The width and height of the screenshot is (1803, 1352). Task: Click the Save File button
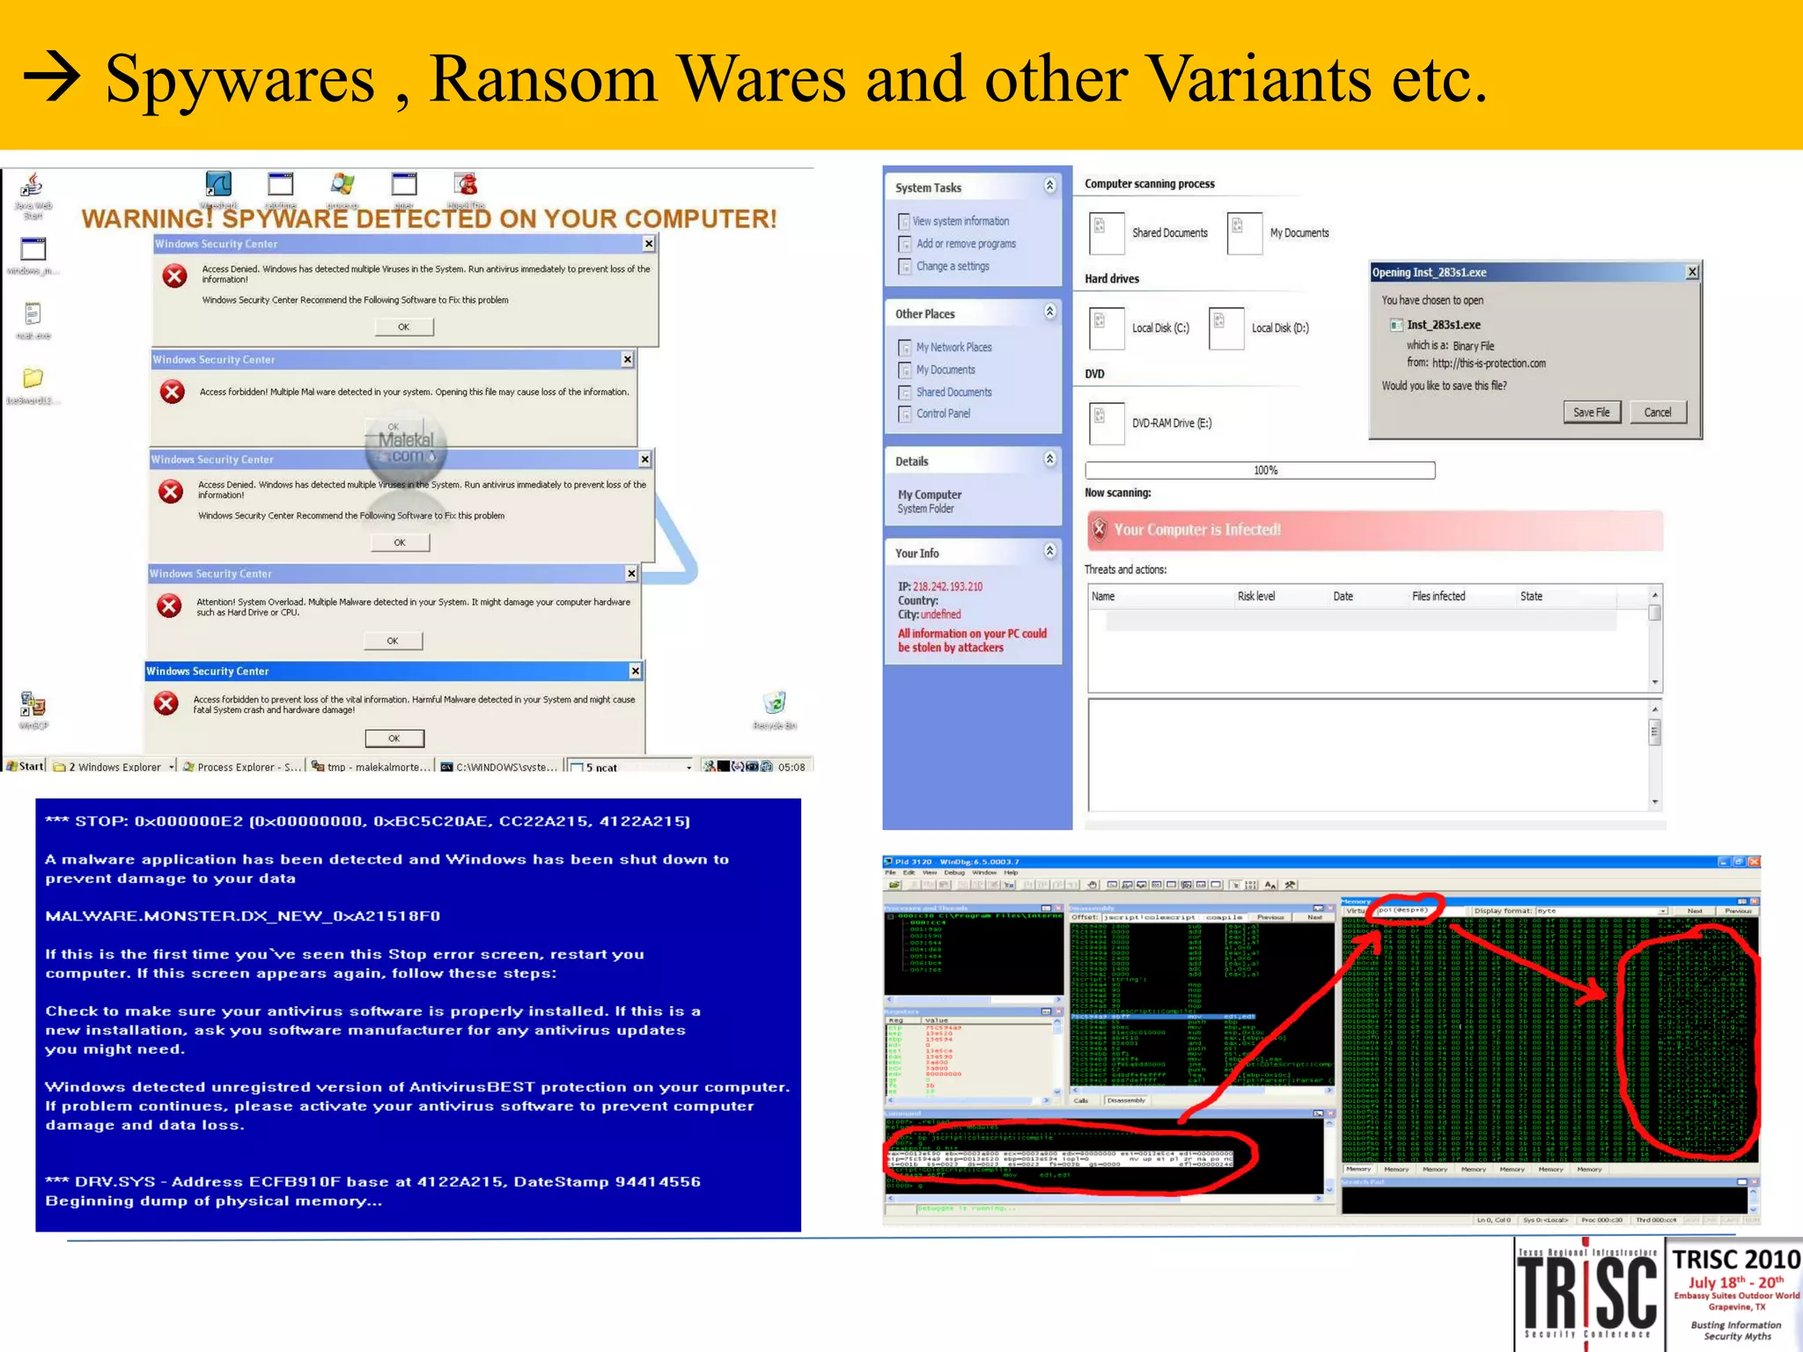1591,412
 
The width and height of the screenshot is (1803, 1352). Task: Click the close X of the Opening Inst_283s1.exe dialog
1692,272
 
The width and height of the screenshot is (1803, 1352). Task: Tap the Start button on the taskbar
26,766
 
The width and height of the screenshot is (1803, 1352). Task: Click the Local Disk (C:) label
1160,328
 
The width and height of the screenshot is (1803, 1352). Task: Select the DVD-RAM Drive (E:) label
1172,423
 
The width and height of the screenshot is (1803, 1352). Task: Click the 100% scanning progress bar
1260,470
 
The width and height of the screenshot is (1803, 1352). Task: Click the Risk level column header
1255,596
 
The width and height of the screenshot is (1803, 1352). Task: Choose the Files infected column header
1439,596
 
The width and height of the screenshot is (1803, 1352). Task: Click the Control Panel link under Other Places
943,414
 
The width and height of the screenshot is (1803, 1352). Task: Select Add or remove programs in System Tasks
966,244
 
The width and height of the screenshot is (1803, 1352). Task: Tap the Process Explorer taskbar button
241,767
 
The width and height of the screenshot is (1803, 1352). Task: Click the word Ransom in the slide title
543,79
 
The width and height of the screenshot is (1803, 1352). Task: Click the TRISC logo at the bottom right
1589,1292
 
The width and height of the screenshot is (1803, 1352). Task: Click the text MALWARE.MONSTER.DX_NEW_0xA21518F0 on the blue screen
243,915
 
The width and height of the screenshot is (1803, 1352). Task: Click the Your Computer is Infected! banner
1373,530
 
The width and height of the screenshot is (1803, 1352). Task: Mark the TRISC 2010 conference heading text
1735,1260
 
